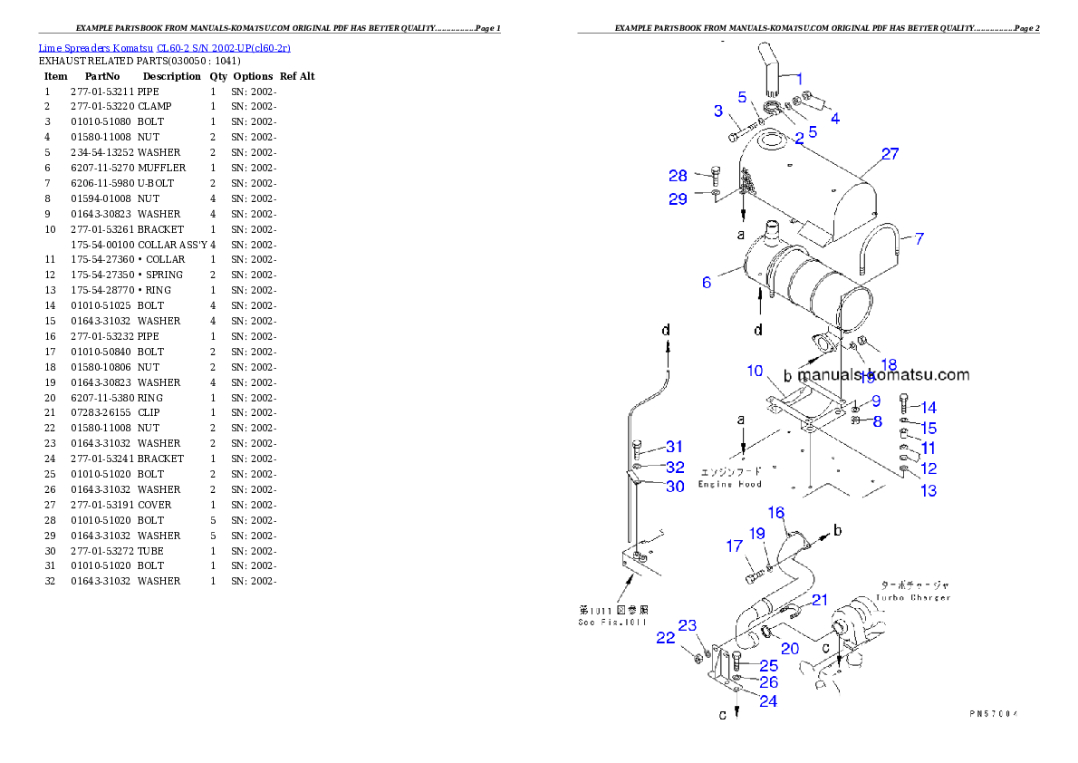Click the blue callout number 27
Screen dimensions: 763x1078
pos(890,154)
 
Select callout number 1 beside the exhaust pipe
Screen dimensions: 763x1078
pos(799,79)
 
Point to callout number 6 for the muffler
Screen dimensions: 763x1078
pos(707,283)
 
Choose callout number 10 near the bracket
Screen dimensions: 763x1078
pos(755,371)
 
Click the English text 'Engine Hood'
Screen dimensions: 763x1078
pos(729,485)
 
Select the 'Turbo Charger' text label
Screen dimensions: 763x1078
pos(912,598)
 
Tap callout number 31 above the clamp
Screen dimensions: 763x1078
pos(674,447)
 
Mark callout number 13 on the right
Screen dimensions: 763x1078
pos(929,491)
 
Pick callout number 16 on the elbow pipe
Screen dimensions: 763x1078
pos(776,513)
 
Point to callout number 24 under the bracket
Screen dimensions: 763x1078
pos(767,701)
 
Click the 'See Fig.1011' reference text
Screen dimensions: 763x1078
pos(612,622)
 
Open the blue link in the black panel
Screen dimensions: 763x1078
pos(164,48)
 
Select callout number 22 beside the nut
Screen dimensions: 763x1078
pos(666,639)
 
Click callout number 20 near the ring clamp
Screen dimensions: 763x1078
pos(790,648)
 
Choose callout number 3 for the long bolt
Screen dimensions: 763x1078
pos(718,111)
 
